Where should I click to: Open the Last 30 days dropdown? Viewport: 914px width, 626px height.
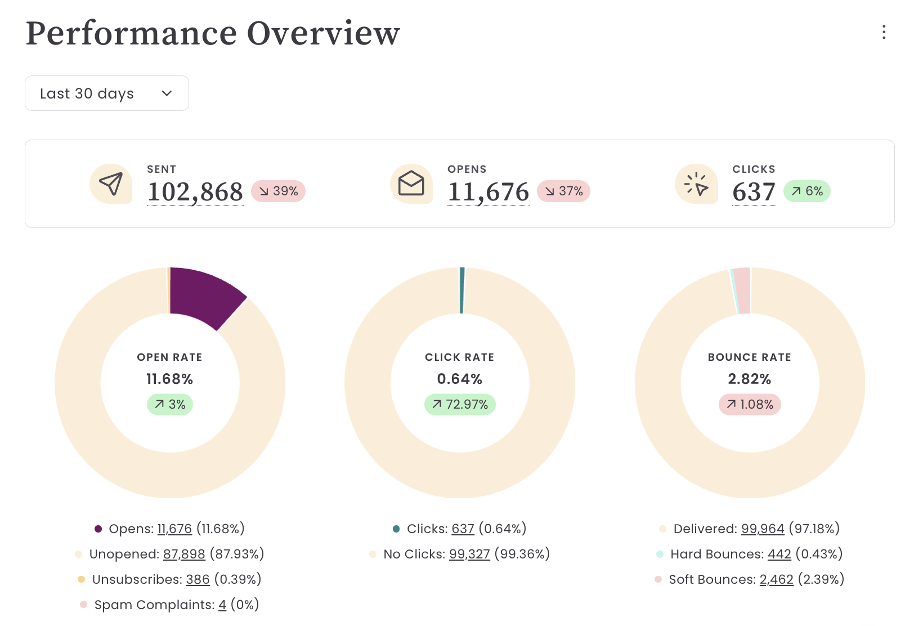point(106,93)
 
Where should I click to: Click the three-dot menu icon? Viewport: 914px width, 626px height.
point(884,33)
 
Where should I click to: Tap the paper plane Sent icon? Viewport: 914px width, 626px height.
point(111,184)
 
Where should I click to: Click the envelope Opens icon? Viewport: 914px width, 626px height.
point(411,184)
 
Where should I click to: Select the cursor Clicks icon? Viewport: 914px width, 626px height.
point(696,184)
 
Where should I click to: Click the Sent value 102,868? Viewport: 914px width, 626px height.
point(195,192)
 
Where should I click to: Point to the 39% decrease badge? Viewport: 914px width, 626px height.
point(278,191)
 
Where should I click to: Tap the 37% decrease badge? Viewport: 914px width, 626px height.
point(563,191)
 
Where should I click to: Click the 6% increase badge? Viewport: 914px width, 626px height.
point(807,191)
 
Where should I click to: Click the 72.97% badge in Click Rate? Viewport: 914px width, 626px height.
point(460,404)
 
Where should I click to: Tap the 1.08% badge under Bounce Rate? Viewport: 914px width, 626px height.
point(750,404)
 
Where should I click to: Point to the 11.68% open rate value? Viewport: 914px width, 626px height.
point(169,379)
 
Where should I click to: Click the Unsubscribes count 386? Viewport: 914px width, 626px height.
point(198,579)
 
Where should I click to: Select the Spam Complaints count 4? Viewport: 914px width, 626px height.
point(222,605)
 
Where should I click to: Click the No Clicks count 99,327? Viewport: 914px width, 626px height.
point(469,554)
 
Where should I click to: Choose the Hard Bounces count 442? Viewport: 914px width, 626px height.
point(779,554)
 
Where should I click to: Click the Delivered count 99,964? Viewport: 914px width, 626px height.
point(762,529)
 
